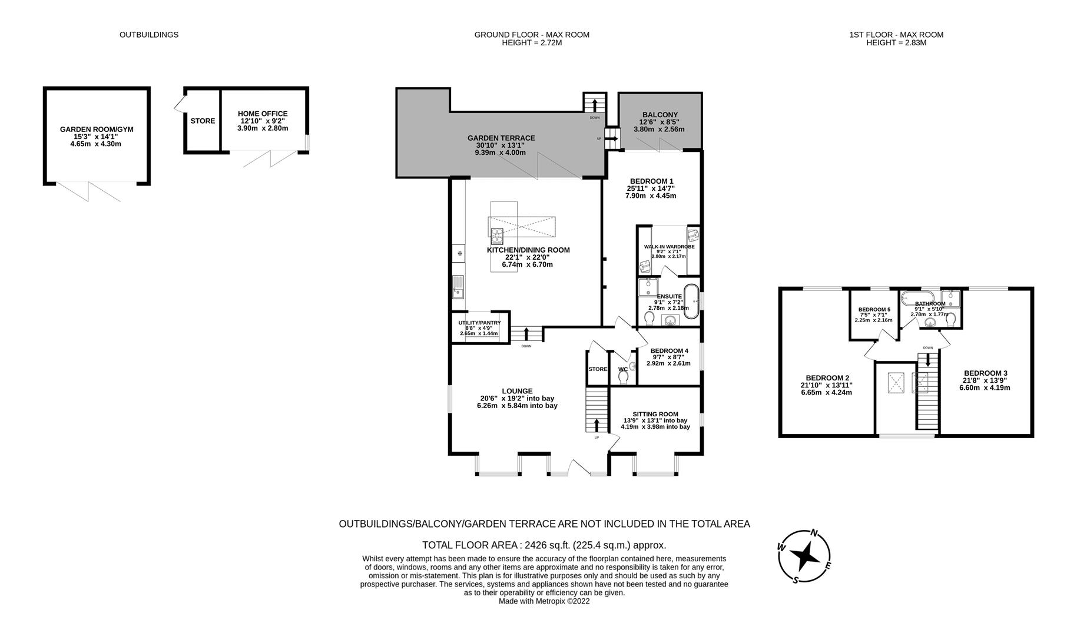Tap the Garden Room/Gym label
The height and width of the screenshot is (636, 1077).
[x=97, y=130]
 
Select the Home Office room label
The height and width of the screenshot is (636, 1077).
[x=263, y=114]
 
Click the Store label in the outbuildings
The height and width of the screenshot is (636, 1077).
[x=203, y=121]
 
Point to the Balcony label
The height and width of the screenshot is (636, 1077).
[x=660, y=115]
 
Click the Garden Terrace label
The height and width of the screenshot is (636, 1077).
[x=501, y=138]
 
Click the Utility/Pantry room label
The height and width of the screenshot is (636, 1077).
[x=479, y=323]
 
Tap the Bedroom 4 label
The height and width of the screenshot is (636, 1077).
[x=669, y=351]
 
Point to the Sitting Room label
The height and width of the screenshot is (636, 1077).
[x=655, y=414]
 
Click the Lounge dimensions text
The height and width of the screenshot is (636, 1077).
[x=518, y=402]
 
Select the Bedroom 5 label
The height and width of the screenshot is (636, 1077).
[x=874, y=310]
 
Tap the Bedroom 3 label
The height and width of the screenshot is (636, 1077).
[x=985, y=373]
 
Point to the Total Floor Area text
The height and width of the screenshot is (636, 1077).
[x=544, y=545]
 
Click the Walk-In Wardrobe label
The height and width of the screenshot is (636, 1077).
[x=669, y=247]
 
